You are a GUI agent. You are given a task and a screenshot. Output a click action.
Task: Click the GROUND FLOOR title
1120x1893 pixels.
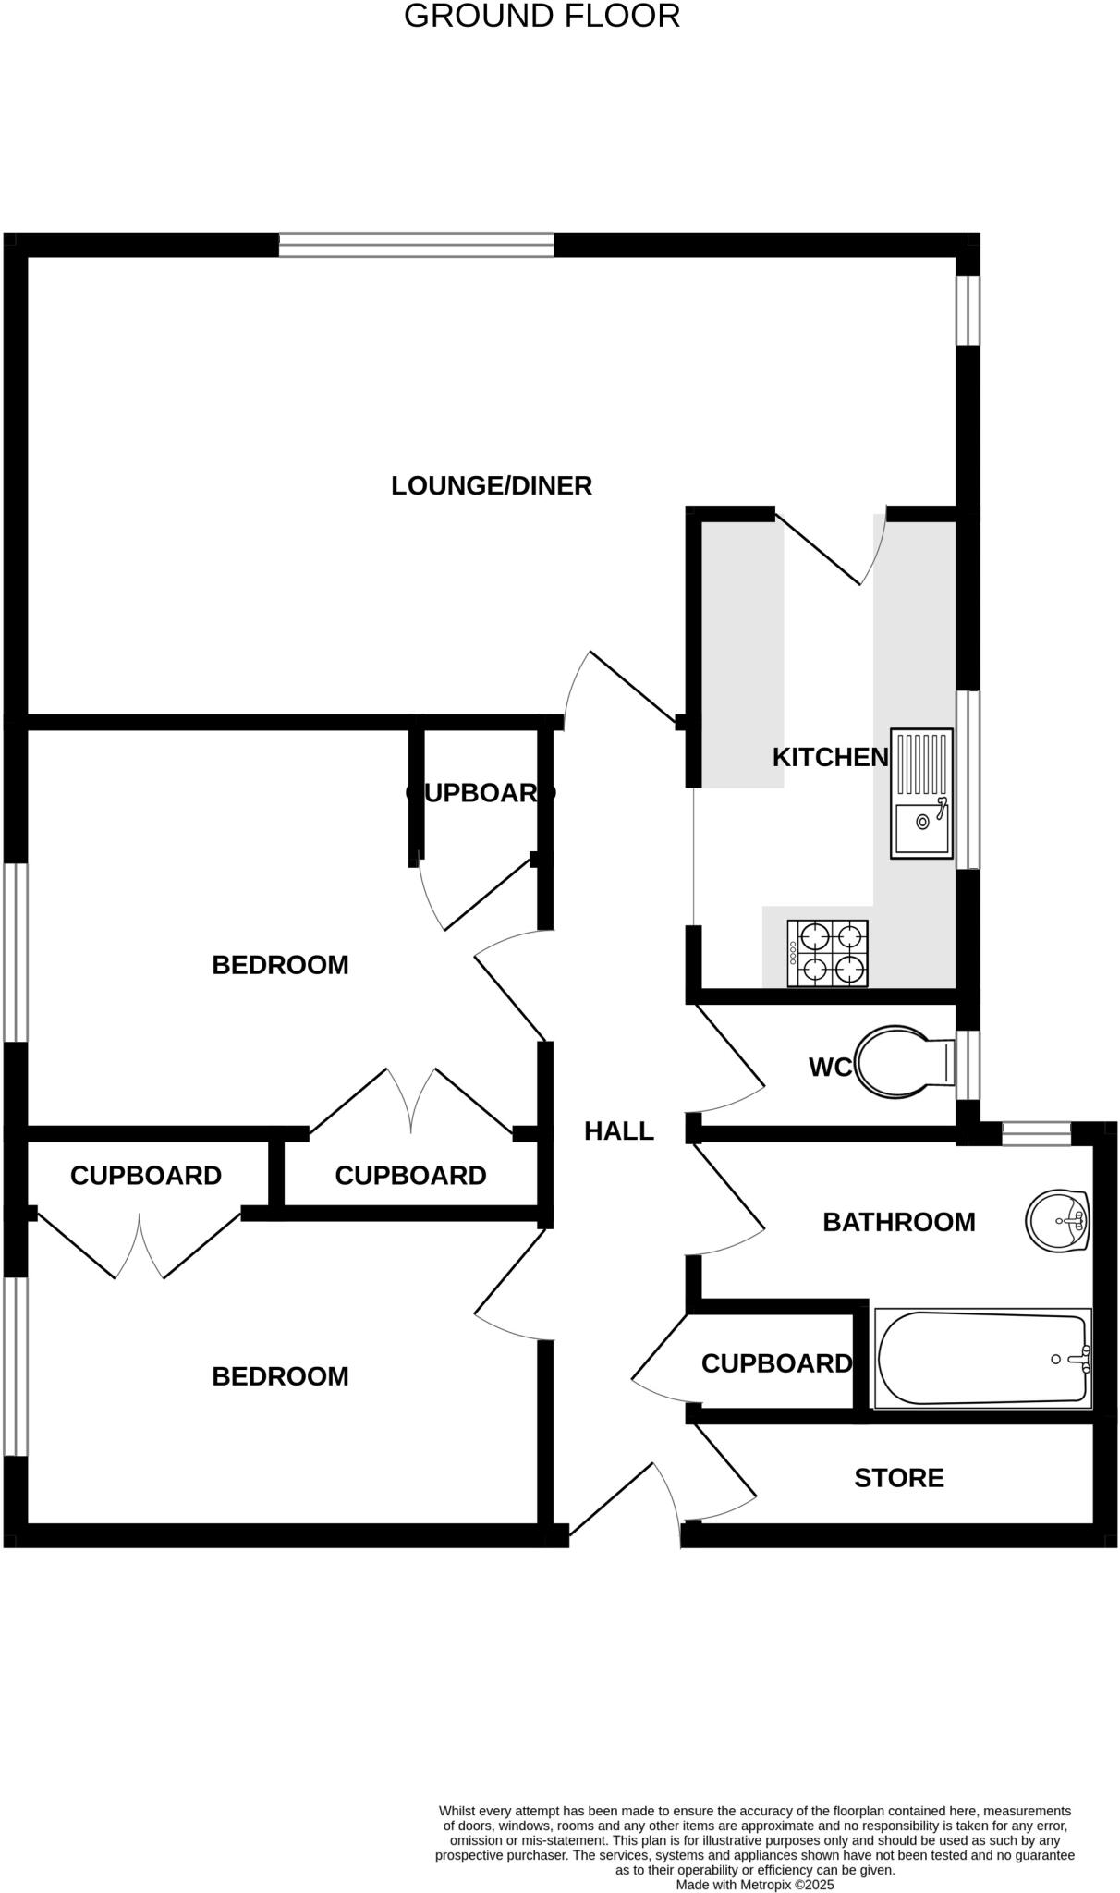pyautogui.click(x=542, y=17)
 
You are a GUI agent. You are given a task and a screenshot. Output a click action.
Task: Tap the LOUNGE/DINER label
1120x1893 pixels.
pyautogui.click(x=492, y=485)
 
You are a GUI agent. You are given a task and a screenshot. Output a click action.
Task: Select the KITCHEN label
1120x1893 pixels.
pyautogui.click(x=830, y=757)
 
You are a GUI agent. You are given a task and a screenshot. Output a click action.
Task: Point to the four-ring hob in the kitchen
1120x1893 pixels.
pyautogui.click(x=828, y=953)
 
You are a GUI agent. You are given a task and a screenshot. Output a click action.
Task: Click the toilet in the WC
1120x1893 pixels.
pyautogui.click(x=901, y=1061)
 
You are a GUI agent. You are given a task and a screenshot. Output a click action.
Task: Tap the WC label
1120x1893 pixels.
pyautogui.click(x=829, y=1068)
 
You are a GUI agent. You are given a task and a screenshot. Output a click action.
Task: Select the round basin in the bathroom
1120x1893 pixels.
pyautogui.click(x=1057, y=1220)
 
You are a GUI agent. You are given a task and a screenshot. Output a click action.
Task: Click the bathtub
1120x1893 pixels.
pyautogui.click(x=982, y=1358)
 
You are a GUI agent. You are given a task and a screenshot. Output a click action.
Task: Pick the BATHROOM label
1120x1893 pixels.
pyautogui.click(x=898, y=1222)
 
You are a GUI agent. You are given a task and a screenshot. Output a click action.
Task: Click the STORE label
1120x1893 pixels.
pyautogui.click(x=898, y=1478)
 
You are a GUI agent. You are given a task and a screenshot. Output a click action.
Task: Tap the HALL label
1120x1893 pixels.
pyautogui.click(x=619, y=1130)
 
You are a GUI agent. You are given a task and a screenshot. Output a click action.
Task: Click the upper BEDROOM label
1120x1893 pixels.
pyautogui.click(x=280, y=965)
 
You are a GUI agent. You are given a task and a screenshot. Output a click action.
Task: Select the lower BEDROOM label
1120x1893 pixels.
pyautogui.click(x=280, y=1376)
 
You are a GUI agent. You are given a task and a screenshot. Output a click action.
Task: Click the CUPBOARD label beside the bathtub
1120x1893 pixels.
pyautogui.click(x=776, y=1363)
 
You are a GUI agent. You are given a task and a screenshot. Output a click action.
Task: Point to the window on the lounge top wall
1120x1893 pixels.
pyautogui.click(x=416, y=245)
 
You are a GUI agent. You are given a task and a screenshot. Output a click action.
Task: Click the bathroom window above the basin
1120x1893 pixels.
pyautogui.click(x=1036, y=1132)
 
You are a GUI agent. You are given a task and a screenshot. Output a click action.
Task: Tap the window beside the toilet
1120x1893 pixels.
pyautogui.click(x=968, y=1064)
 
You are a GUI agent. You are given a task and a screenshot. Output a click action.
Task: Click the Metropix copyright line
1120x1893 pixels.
pyautogui.click(x=755, y=1884)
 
